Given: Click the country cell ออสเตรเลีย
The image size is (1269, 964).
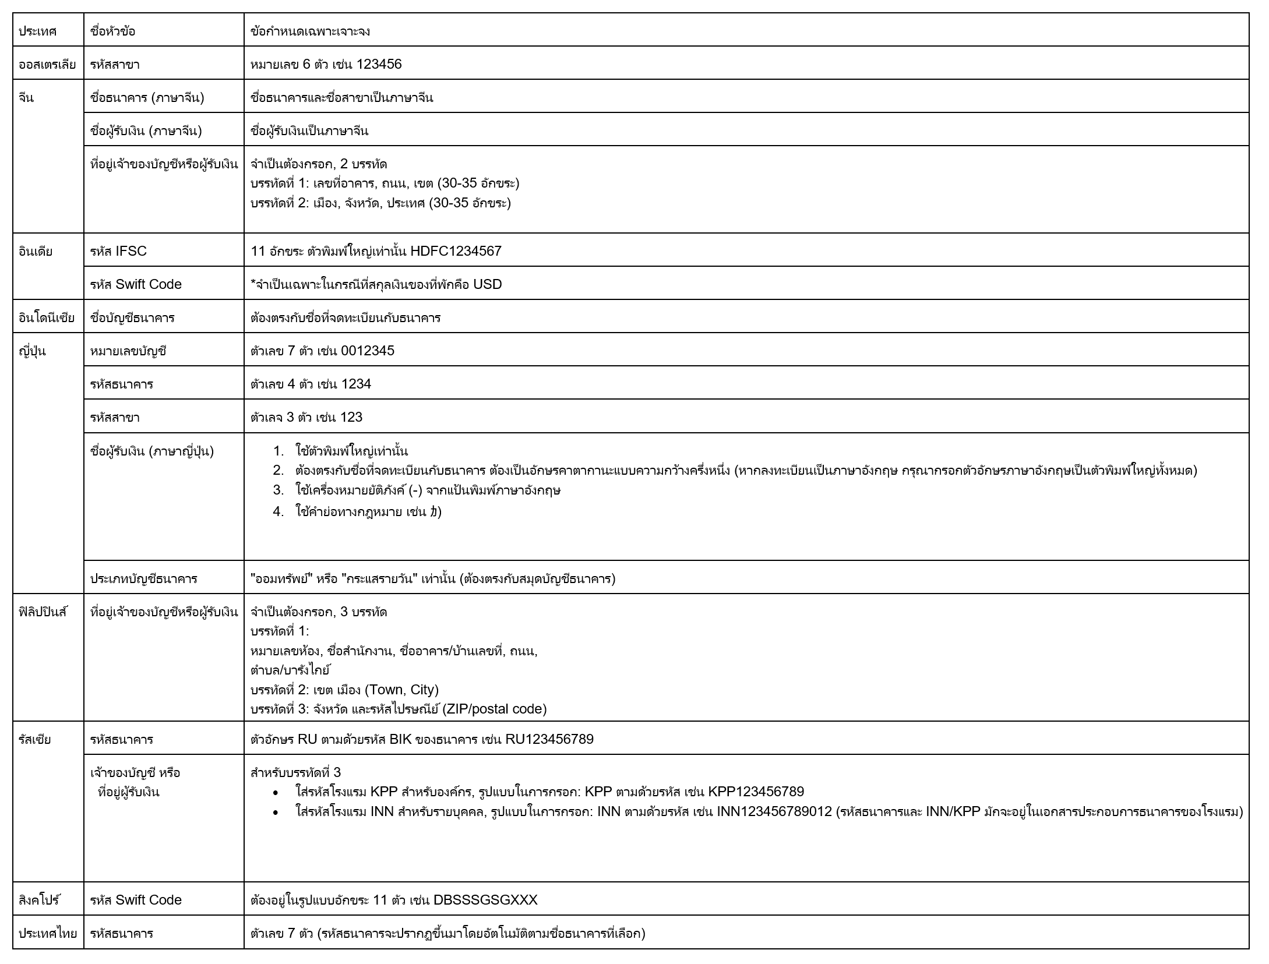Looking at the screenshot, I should coord(47,64).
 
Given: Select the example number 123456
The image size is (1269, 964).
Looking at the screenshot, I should coord(379,64).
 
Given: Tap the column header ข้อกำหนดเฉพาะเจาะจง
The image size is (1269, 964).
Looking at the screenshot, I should coord(310,31).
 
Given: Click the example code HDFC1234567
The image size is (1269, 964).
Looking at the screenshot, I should coord(456,251).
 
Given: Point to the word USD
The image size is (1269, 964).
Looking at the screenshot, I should coord(487,284).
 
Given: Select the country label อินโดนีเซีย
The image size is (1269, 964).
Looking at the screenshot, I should coord(47,317).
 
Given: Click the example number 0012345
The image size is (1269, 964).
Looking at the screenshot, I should coord(367,351).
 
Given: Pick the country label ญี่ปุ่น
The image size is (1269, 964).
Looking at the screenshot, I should coord(32,351).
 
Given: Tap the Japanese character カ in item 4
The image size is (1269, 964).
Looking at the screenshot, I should coord(433,512).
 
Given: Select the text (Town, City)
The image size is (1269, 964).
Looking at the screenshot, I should coord(401,690).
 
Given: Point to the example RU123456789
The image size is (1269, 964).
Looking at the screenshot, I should coord(549,739).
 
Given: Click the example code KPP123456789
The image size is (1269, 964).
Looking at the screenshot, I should coord(756,792).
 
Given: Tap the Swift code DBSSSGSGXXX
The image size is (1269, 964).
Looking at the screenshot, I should coord(485,900).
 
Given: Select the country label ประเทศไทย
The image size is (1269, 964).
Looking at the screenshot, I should coord(47,933).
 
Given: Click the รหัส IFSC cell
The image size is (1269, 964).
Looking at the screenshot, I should coord(118,251).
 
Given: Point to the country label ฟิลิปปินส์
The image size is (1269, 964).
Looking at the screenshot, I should coord(43,612).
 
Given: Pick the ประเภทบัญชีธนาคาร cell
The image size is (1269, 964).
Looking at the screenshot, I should coord(143,578).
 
